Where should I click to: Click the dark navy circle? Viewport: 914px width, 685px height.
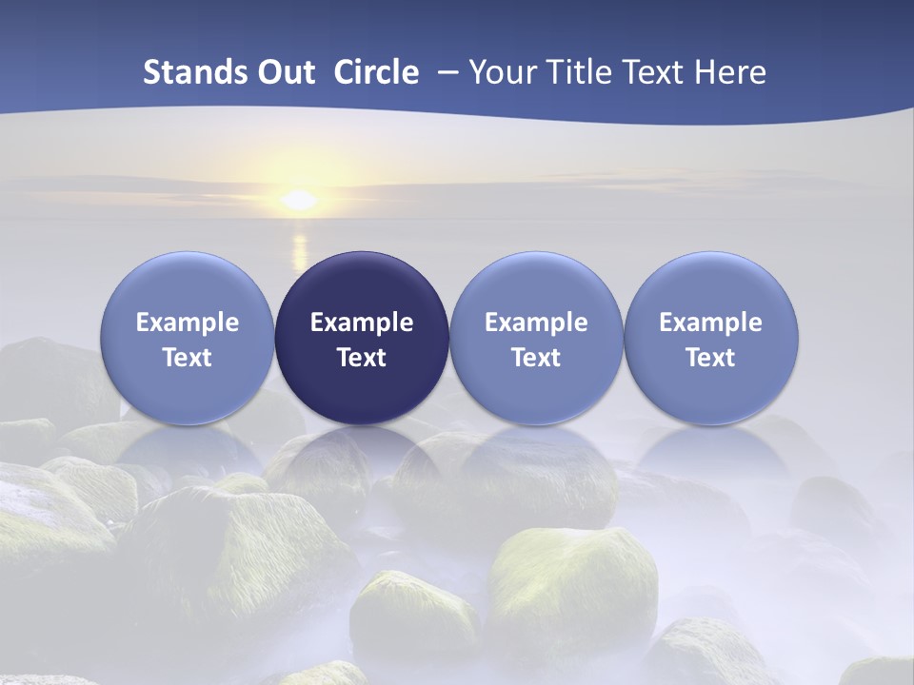(362, 338)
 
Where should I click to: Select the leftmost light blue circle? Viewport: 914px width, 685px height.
(188, 338)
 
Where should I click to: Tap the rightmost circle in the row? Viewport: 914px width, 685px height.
(710, 338)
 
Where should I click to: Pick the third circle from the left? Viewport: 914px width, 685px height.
(536, 338)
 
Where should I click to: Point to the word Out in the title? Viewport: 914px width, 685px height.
(282, 72)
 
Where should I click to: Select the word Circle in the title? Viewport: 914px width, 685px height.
(376, 72)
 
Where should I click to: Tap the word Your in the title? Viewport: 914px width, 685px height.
(505, 72)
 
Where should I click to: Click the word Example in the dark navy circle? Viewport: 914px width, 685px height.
(362, 323)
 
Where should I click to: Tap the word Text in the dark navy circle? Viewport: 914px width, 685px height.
(362, 358)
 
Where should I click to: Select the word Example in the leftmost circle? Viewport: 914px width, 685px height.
(188, 323)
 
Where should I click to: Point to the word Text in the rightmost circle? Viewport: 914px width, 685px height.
(710, 358)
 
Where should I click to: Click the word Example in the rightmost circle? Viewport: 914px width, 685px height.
(710, 323)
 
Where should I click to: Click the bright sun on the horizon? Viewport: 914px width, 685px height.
(299, 200)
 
